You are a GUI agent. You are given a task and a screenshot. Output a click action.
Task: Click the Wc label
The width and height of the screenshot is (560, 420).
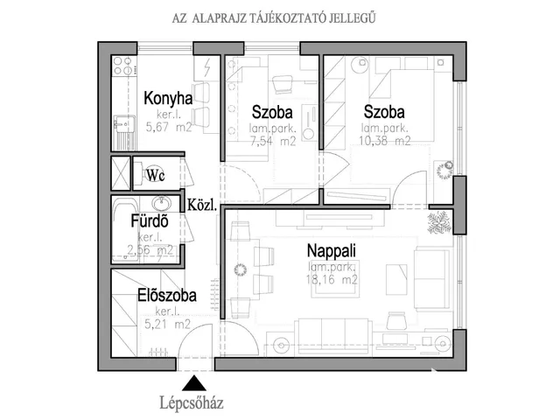pos(156,175)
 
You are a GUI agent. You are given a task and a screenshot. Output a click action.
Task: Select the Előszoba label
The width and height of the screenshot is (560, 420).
pos(166,296)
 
